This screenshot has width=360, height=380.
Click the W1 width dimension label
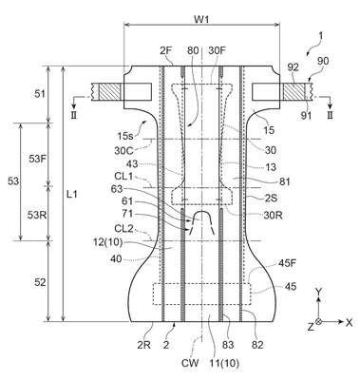pyautogui.click(x=201, y=20)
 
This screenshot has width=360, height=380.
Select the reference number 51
pyautogui.click(x=39, y=94)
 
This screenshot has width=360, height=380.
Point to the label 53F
pyautogui.click(x=38, y=159)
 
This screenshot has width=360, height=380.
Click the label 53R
pyautogui.click(x=37, y=216)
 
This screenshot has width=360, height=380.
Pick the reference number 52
pyautogui.click(x=40, y=282)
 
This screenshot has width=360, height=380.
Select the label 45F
pyautogui.click(x=287, y=263)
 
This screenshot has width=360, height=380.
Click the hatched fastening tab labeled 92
pyautogui.click(x=294, y=92)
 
